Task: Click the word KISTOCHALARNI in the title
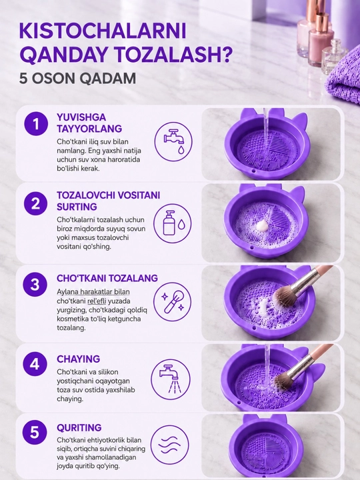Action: point(103,31)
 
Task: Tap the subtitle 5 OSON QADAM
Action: point(77,79)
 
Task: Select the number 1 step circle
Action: point(36,124)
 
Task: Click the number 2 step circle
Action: point(35,203)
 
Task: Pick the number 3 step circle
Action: point(35,285)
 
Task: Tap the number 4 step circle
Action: point(35,364)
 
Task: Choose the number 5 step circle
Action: point(35,432)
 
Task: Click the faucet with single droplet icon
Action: point(173,141)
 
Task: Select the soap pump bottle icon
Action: point(173,223)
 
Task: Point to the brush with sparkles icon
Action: point(173,302)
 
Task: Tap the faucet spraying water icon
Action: point(171,379)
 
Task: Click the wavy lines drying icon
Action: point(170,445)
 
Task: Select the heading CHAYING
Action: point(79,359)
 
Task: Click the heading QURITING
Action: point(79,427)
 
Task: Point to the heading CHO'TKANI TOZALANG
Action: point(107,278)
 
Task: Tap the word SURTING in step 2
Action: point(77,207)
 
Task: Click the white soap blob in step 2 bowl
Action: point(263,226)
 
